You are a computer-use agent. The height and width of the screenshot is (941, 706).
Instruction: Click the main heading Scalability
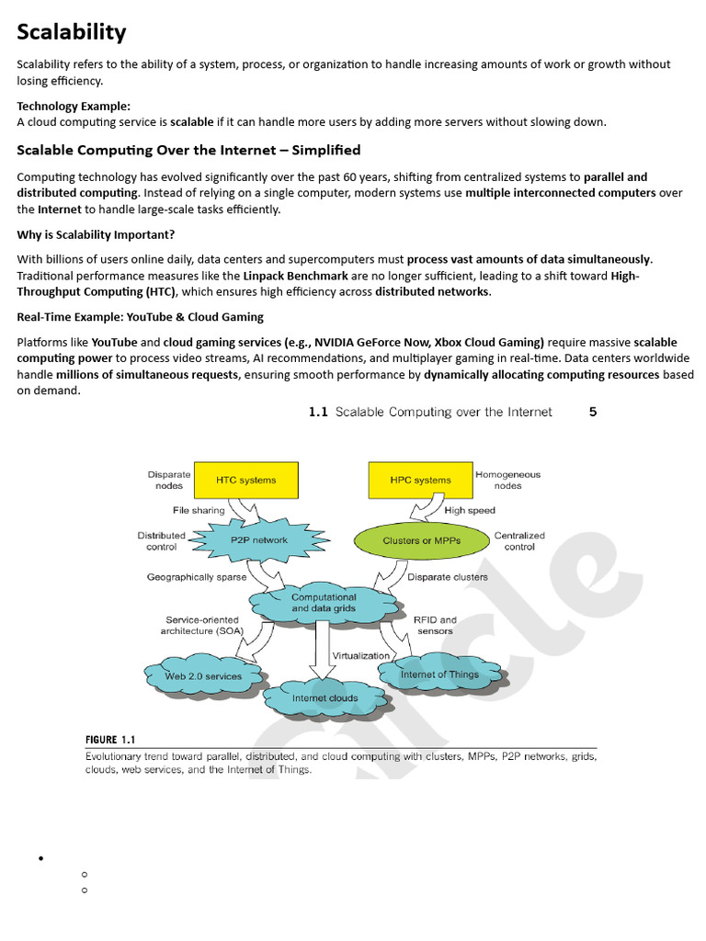[72, 33]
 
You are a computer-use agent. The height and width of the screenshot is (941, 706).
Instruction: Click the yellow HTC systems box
[245, 480]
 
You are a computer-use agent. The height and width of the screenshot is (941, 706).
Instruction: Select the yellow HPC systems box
[420, 480]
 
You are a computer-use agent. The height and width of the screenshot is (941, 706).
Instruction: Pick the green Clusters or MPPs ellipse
[422, 540]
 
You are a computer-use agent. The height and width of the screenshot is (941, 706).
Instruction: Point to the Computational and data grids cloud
[324, 602]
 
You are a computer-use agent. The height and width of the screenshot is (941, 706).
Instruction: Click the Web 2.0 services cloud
[202, 676]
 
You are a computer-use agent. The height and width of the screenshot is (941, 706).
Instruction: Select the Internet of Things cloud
[439, 675]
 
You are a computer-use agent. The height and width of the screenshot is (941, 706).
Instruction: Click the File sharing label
[199, 510]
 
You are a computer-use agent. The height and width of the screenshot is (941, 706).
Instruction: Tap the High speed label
[470, 510]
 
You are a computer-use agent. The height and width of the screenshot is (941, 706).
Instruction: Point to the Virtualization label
[361, 656]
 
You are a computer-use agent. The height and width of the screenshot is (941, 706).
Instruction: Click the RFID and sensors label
[435, 625]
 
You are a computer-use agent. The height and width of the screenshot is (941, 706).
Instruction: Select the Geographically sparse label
[197, 577]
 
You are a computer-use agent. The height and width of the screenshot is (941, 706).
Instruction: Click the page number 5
[593, 412]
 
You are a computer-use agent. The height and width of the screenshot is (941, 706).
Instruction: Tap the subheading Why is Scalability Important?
[96, 234]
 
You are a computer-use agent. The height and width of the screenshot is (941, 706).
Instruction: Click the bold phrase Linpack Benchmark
[294, 276]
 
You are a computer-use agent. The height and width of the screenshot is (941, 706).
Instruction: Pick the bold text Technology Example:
[74, 106]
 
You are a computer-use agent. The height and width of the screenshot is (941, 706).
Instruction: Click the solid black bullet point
[40, 859]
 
